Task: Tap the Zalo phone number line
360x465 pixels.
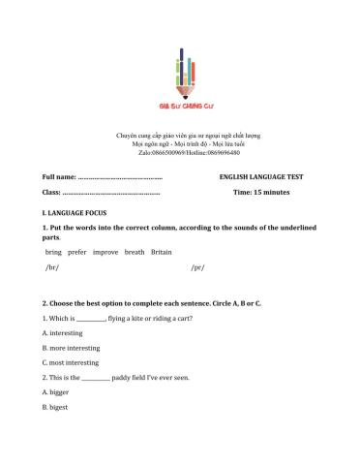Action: coord(181,153)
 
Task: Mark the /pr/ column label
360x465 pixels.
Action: coord(197,266)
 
